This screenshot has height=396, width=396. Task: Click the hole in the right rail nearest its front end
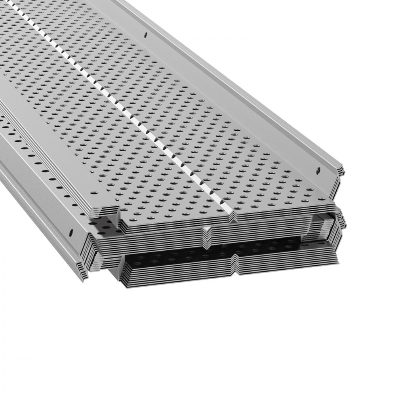(x=318, y=171)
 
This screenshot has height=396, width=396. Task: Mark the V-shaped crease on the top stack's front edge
(x=232, y=216)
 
